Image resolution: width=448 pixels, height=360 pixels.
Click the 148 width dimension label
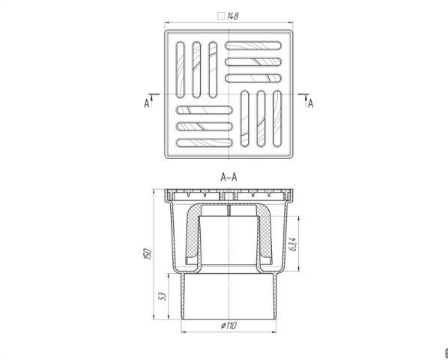point(232,16)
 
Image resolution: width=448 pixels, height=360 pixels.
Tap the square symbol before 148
point(221,16)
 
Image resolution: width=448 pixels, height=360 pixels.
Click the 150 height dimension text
point(147,254)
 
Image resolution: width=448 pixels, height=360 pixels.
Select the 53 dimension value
point(163,296)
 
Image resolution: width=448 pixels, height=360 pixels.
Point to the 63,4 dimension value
point(294,244)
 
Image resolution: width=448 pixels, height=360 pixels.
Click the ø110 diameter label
point(228,325)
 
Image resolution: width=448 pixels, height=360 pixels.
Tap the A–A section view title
point(228,177)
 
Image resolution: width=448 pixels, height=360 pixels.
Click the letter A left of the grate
point(147,103)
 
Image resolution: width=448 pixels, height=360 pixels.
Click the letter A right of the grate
point(311,103)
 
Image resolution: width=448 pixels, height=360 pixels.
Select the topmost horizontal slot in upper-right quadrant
point(253,46)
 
